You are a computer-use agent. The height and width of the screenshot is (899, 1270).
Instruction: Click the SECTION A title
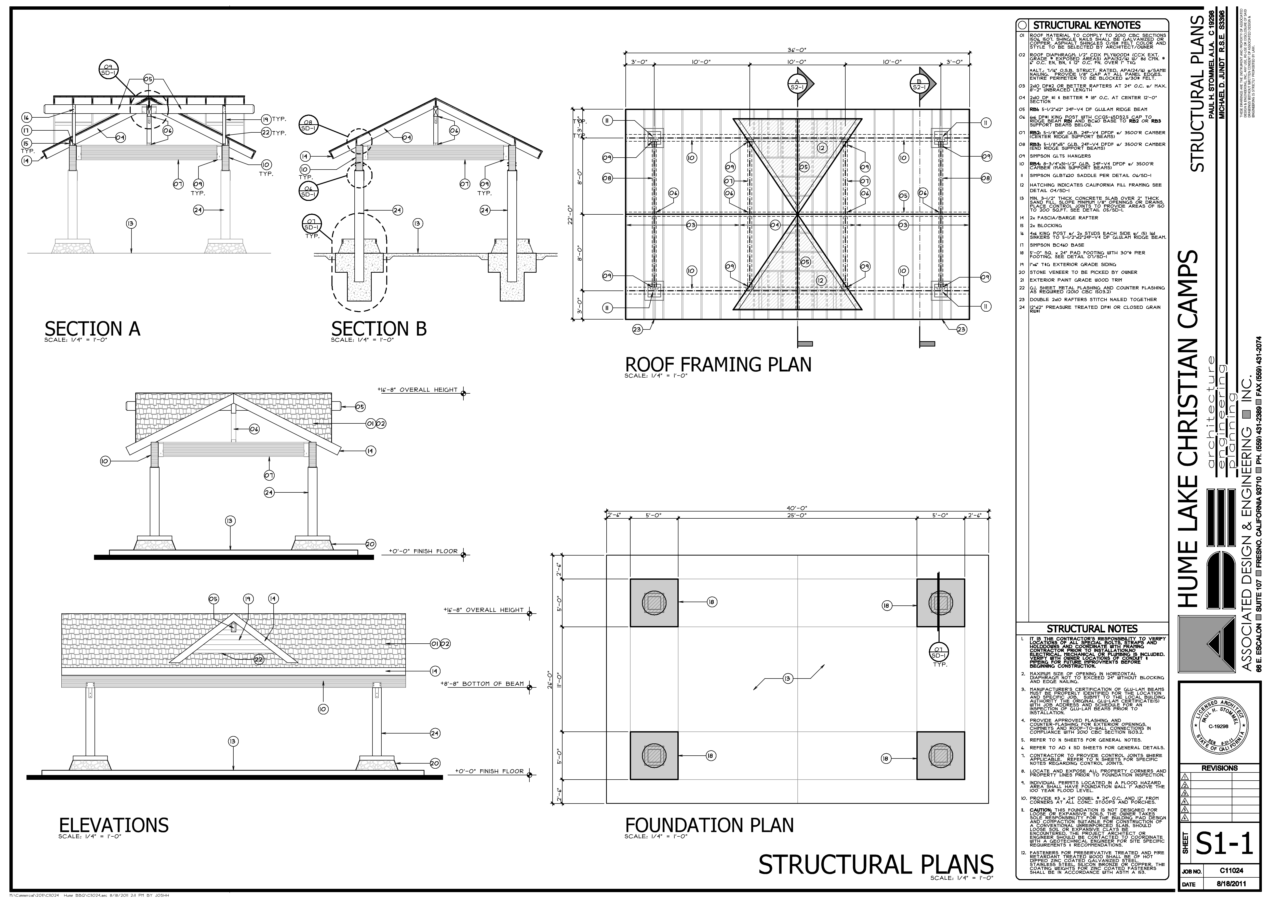92,329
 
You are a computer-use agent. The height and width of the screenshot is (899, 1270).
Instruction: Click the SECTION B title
379,329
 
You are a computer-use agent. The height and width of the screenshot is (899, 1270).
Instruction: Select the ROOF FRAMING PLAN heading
718,365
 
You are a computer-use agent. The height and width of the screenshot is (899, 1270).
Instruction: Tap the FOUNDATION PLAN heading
709,825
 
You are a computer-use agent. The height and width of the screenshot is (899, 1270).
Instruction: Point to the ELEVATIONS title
114,825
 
